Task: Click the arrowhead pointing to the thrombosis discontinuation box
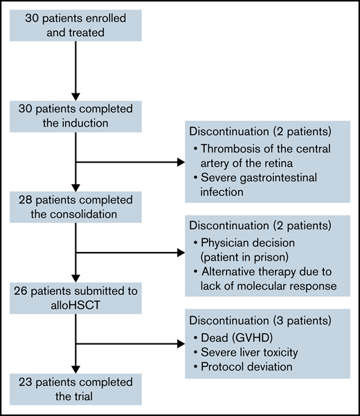[181, 163]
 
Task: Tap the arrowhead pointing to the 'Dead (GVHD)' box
[181, 341]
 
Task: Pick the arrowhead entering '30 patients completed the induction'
[76, 95]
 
